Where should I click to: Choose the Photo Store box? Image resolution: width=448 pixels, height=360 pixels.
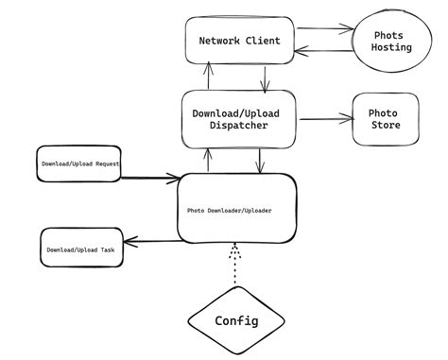coord(385,119)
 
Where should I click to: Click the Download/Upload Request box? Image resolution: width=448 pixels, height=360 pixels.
coord(78,163)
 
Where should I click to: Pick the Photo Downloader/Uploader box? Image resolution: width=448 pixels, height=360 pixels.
coord(236,209)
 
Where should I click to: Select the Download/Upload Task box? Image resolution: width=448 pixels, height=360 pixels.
coord(81,249)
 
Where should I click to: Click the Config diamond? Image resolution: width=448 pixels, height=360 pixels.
coord(236,320)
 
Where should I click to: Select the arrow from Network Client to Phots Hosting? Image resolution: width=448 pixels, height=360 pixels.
coord(317,28)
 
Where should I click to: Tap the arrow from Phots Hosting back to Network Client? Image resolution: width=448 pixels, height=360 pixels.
coord(317,55)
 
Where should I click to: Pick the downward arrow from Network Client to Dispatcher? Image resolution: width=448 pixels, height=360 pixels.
coord(267,78)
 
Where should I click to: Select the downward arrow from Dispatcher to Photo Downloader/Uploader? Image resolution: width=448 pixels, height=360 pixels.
coord(261,161)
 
